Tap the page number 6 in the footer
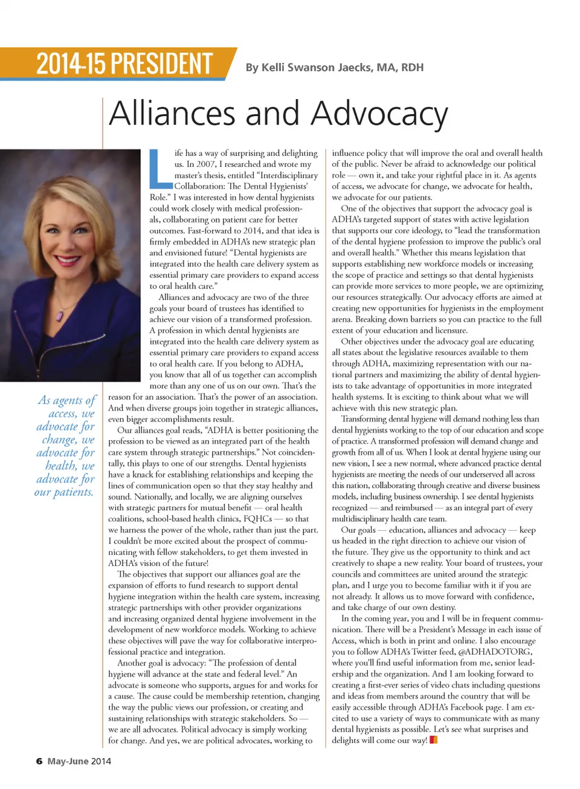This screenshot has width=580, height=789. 39,761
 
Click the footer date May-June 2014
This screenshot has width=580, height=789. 79,761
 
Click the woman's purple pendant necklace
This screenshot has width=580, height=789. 60,315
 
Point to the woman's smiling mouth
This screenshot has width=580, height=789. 68,260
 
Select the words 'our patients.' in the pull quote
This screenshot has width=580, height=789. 64,492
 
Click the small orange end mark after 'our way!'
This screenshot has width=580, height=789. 433,740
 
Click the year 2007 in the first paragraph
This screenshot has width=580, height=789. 205,164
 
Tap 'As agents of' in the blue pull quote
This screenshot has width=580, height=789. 67,400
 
